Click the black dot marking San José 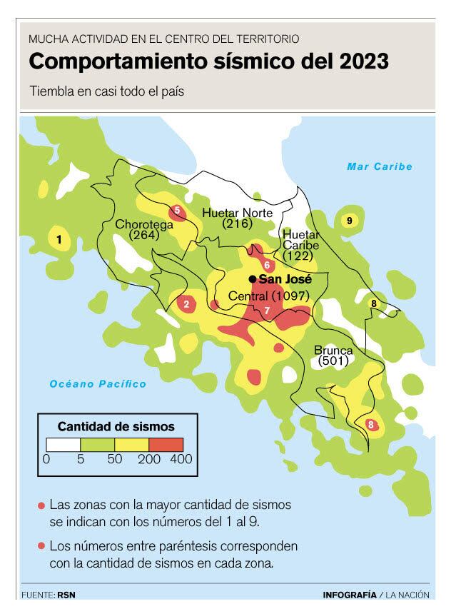point(253,278)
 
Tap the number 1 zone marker point(59,240)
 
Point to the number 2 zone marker point(186,305)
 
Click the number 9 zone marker point(349,221)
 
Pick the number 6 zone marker point(266,265)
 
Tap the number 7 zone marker point(267,311)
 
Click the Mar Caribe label point(380,166)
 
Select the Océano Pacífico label point(98,384)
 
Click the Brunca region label point(333,351)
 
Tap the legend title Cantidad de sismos point(116,426)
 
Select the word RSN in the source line point(66,595)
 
